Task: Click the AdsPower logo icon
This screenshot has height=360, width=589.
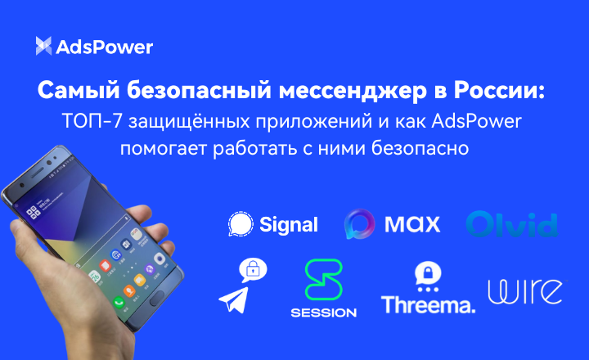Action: pyautogui.click(x=43, y=47)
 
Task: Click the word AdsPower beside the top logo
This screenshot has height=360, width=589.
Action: pyautogui.click(x=104, y=47)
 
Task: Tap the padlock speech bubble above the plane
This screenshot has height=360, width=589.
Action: pyautogui.click(x=254, y=269)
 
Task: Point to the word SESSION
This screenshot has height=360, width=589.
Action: pyautogui.click(x=323, y=313)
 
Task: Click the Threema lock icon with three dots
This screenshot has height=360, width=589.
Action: pyautogui.click(x=426, y=276)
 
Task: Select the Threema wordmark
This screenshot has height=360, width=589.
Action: pyautogui.click(x=428, y=305)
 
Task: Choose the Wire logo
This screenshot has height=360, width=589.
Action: pyautogui.click(x=524, y=291)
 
